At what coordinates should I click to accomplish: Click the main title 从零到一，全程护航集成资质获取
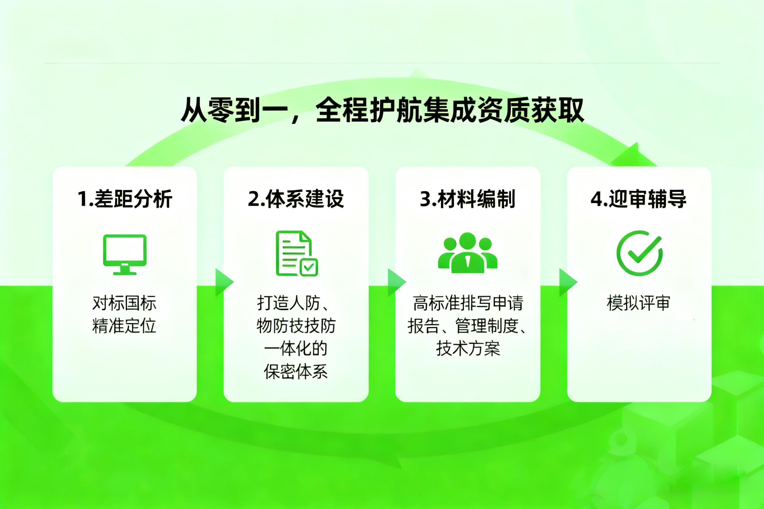click(382, 111)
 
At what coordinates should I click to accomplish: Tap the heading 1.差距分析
click(125, 198)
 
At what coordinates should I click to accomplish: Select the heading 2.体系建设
click(296, 198)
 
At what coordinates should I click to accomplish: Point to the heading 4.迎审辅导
click(639, 198)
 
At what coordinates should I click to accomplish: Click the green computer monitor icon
click(125, 254)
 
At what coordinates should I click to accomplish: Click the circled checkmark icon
click(639, 253)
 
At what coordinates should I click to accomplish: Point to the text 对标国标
click(124, 303)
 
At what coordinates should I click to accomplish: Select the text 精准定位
click(124, 326)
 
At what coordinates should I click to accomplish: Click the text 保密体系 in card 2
click(296, 371)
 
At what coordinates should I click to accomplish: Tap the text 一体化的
click(296, 349)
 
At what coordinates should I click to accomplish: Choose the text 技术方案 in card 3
click(468, 349)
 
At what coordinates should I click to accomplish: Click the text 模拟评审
click(638, 303)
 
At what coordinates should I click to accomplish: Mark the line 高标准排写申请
click(468, 303)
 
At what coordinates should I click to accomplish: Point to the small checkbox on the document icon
click(309, 268)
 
